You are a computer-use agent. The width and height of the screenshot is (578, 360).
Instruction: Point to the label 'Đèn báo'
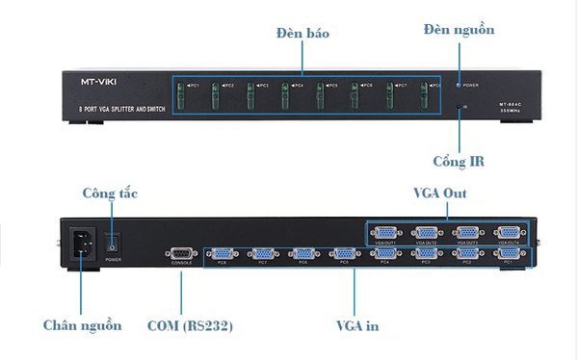pyautogui.click(x=302, y=33)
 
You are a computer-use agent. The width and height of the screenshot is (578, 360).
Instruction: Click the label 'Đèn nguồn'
pyautogui.click(x=459, y=30)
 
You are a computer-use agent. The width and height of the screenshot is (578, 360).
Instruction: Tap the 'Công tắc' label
pyautogui.click(x=110, y=193)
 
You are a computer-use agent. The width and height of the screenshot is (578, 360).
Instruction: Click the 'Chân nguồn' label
pyautogui.click(x=82, y=325)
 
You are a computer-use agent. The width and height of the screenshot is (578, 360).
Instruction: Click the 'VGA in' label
pyautogui.click(x=356, y=325)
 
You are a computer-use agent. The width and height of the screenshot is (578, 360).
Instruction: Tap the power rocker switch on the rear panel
pyautogui.click(x=114, y=244)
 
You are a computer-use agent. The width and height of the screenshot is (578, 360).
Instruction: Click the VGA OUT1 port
pyautogui.click(x=387, y=233)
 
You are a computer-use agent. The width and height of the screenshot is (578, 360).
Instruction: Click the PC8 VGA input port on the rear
pyautogui.click(x=222, y=253)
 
